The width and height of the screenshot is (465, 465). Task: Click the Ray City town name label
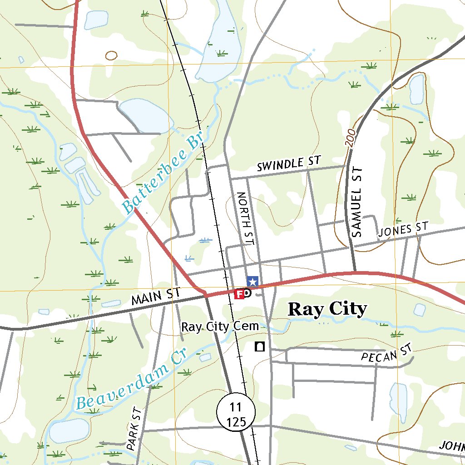coord(327,309)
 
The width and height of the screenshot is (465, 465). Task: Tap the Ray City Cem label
coord(220,326)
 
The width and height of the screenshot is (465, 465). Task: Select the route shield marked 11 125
coord(236,412)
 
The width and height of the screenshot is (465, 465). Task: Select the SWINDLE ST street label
coord(289,164)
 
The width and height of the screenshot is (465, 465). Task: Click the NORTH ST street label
coord(244,218)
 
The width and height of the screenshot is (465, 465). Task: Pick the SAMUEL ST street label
coord(358,202)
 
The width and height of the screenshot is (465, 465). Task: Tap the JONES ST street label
coord(403,230)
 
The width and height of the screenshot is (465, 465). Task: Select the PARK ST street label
coord(134,428)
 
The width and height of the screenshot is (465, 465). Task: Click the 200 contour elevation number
coord(349,140)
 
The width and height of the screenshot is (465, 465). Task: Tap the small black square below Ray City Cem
coord(260,347)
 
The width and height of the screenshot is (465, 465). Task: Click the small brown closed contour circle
coord(111,55)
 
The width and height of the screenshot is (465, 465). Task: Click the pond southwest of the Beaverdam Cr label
coord(69,430)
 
